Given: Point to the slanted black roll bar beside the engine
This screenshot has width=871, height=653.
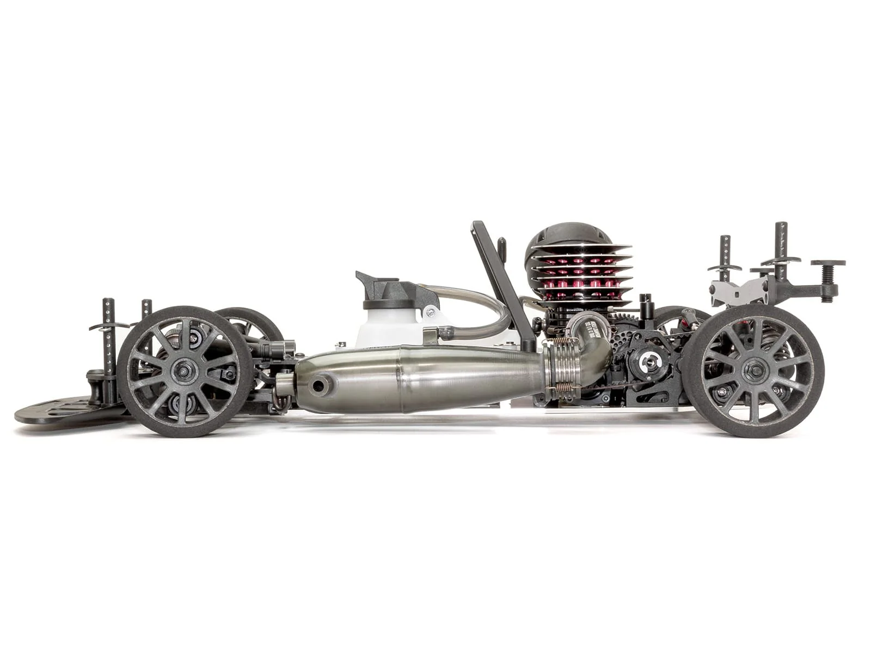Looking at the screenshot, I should [498, 272].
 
